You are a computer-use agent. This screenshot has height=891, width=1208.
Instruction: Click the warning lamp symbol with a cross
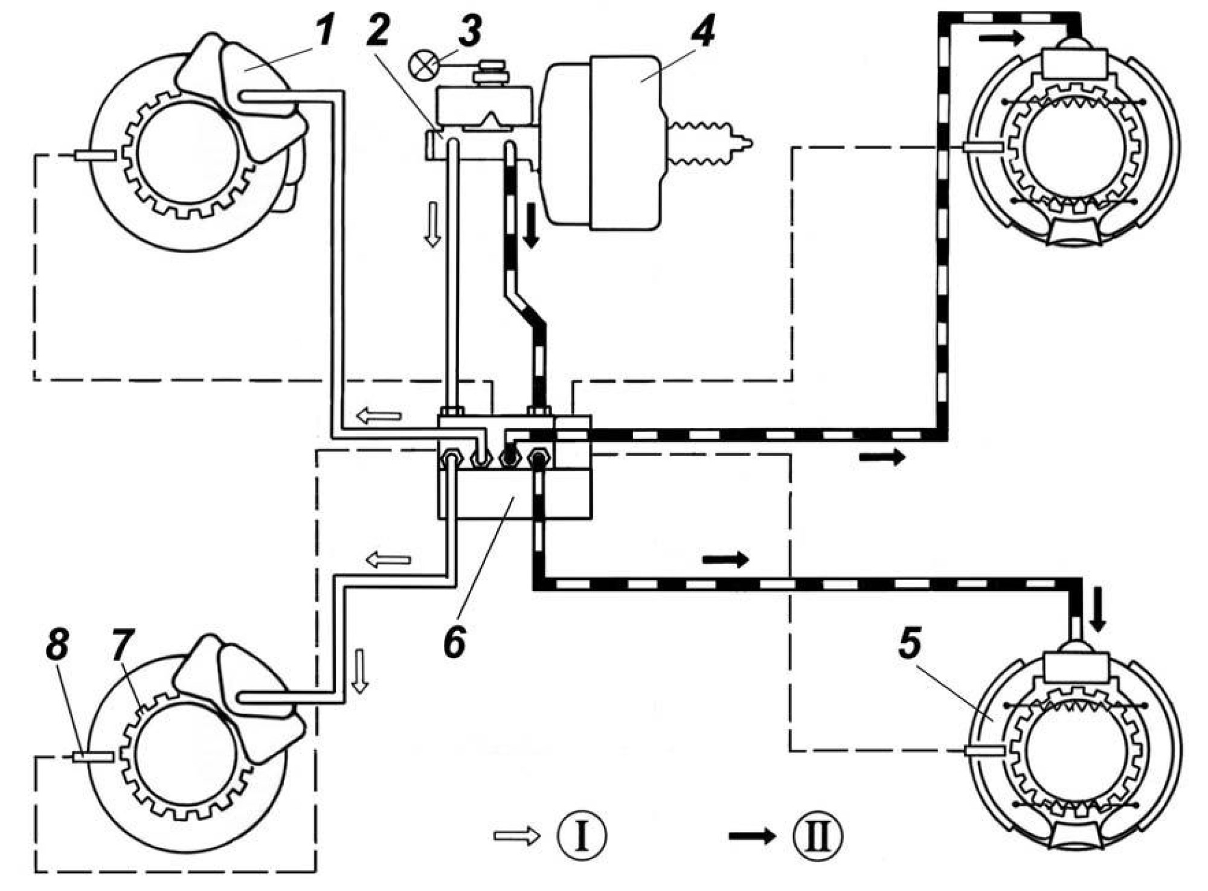(423, 65)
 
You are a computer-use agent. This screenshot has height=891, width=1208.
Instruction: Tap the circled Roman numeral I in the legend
(582, 836)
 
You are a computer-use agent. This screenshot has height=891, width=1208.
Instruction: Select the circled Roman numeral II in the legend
(818, 836)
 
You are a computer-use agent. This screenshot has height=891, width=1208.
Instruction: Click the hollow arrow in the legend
(516, 836)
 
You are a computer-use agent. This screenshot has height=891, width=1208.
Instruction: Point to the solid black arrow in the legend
(752, 836)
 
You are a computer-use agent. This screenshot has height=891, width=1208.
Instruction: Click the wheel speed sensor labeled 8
(92, 757)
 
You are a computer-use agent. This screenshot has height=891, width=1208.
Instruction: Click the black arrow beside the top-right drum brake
(1001, 39)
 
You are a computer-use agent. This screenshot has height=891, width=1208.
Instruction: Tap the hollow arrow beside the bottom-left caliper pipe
(361, 670)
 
